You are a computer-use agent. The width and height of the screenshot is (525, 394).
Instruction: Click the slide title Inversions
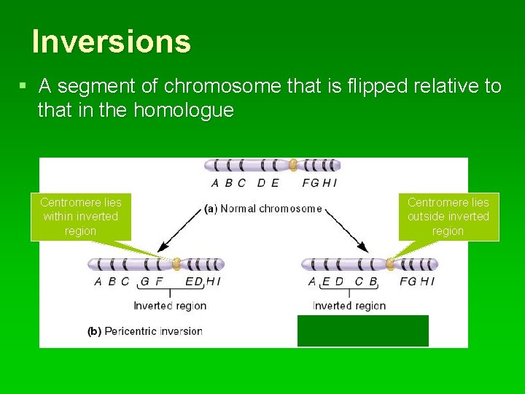pos(112,42)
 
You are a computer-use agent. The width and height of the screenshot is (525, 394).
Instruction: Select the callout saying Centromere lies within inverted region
pos(80,216)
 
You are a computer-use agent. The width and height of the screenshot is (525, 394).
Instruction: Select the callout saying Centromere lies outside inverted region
pos(448,216)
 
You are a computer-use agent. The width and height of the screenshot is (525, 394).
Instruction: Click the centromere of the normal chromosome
pos(293,166)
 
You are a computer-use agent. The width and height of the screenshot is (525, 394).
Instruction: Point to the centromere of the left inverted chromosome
pos(176,264)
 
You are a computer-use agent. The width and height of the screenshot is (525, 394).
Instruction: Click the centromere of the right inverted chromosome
pos(390,264)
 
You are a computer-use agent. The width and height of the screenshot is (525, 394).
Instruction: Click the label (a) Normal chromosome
pos(263,209)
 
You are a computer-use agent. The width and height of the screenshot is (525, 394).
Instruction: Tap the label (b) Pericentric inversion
pos(144,331)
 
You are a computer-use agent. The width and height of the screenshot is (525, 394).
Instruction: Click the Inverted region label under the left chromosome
pos(170,306)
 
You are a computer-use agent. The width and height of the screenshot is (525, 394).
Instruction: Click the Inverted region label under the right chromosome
pos(349,306)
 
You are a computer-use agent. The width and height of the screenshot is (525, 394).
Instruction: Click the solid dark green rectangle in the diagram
pos(362,331)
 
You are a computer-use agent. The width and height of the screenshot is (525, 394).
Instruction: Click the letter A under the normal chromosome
pos(215,183)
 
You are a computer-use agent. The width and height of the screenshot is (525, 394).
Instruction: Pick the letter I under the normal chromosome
pos(335,183)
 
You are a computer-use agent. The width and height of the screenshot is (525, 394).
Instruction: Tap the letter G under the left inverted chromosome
pos(144,282)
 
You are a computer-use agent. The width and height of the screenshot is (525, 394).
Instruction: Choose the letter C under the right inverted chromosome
pos(359,282)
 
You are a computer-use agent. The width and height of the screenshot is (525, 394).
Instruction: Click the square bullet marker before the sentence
pos(23,86)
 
